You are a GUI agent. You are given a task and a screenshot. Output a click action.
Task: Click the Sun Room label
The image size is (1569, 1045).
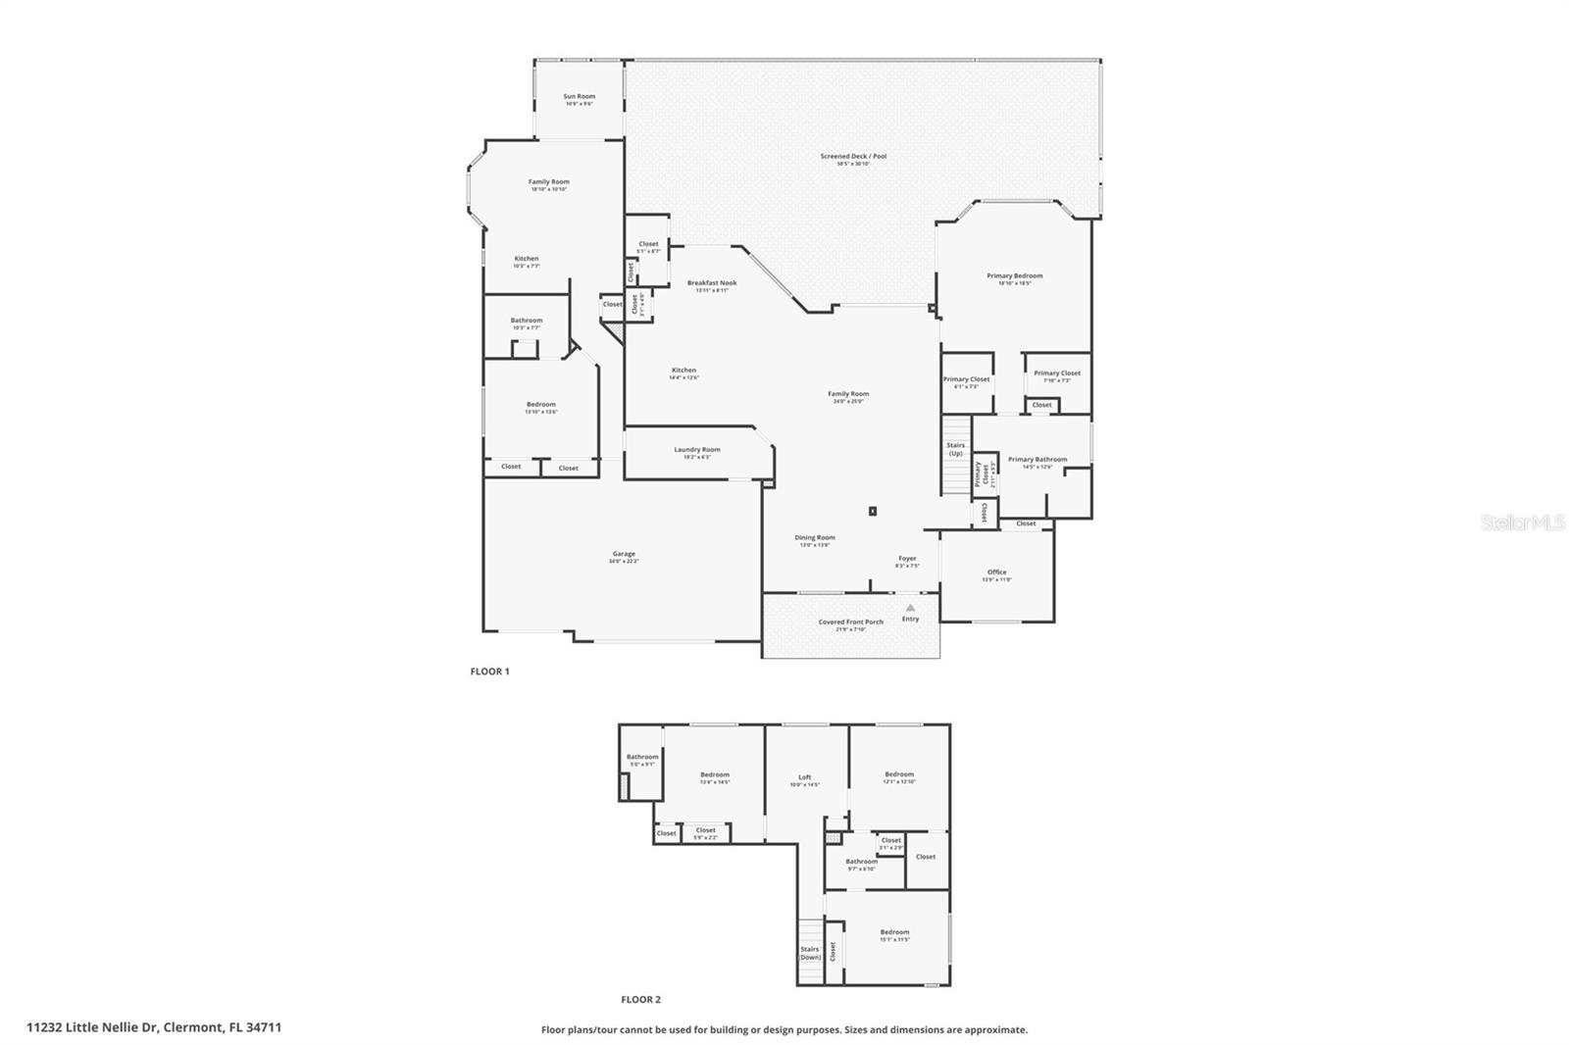579,97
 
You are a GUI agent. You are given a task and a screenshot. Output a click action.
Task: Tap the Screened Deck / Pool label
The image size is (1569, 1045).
853,157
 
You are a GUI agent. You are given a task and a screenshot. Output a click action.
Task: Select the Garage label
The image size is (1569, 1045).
624,555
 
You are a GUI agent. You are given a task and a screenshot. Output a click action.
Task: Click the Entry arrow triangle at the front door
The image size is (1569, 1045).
910,608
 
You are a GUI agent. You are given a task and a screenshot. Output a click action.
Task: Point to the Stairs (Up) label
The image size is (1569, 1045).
955,449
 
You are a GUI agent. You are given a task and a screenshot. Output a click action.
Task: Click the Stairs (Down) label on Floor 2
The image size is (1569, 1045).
810,953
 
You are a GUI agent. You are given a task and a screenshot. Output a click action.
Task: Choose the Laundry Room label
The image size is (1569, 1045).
697,450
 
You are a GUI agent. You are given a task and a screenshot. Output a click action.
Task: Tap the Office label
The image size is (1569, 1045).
996,572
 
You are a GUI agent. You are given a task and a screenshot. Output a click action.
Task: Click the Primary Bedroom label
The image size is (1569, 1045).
1014,276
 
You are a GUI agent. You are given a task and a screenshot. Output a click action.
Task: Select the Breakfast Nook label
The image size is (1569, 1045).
712,283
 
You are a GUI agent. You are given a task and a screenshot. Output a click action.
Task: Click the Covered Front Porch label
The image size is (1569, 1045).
850,622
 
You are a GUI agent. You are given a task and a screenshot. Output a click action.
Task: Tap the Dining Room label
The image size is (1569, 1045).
814,538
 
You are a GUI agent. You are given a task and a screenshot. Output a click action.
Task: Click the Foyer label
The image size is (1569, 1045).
907,559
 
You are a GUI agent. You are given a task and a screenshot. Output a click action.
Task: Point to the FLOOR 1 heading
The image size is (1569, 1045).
490,672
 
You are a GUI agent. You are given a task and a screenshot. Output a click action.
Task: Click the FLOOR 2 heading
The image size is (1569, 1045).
640,1000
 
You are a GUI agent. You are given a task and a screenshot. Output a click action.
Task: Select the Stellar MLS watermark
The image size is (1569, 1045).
1522,523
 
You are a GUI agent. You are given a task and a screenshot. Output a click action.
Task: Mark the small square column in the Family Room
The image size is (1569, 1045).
872,511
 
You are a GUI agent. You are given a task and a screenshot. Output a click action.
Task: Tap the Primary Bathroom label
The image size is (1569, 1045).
1038,460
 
